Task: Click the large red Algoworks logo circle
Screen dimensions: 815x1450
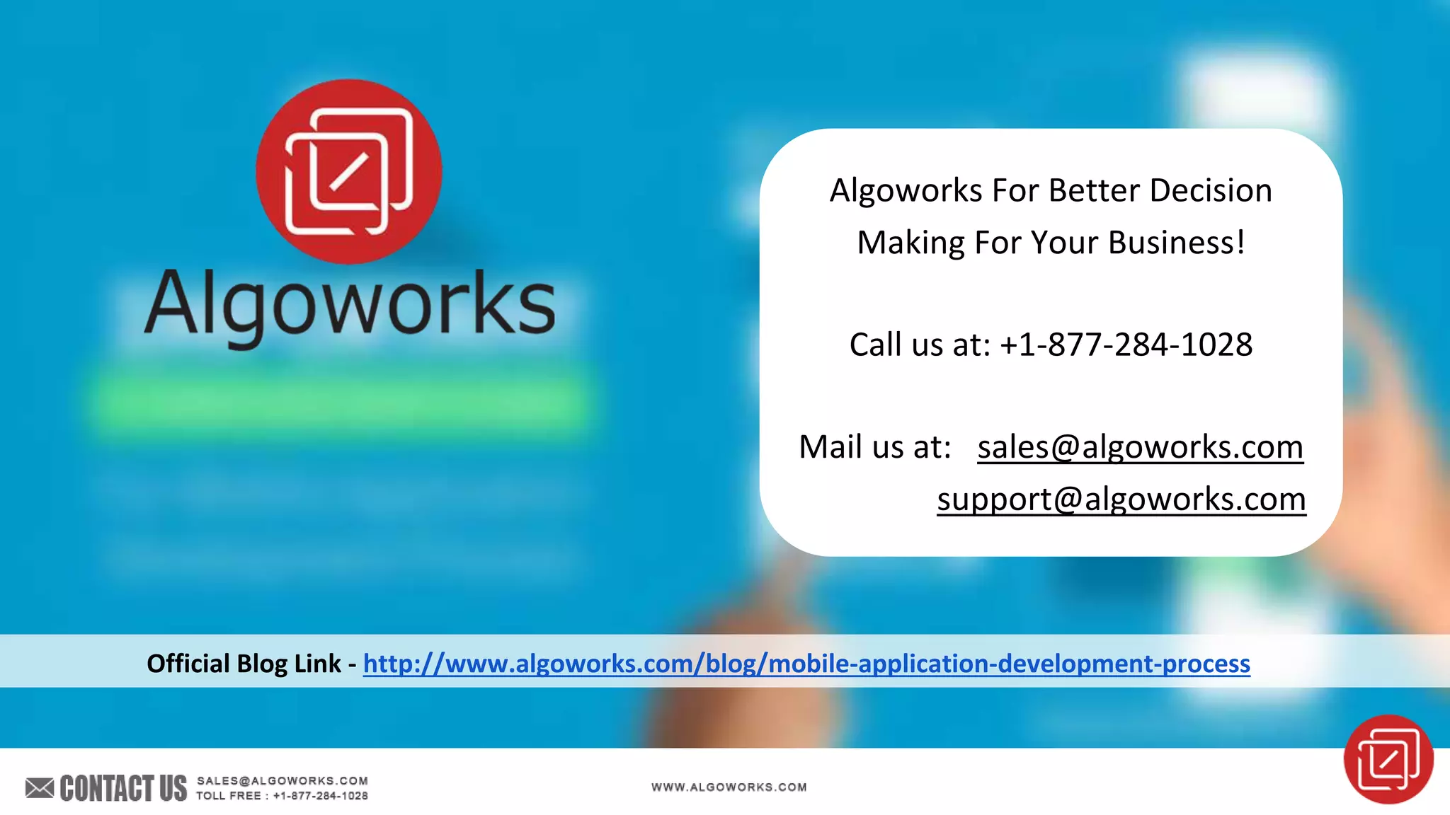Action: coord(348,171)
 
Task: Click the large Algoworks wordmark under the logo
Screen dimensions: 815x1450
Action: coord(350,304)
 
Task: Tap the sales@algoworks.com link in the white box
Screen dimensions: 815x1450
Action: coord(1140,447)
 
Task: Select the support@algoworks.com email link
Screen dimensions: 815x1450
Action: coord(1121,499)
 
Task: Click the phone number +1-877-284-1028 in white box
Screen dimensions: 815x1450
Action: coord(1126,345)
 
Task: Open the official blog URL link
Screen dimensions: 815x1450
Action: coord(806,664)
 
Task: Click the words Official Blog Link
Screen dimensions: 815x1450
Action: coord(244,664)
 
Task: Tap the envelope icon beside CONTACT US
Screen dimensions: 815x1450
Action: coord(40,787)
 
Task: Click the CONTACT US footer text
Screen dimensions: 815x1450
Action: coord(123,788)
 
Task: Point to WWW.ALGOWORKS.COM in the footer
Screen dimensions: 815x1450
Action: coord(729,787)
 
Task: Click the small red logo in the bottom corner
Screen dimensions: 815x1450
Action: coord(1388,759)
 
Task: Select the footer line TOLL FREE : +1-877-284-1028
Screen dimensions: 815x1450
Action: coord(282,796)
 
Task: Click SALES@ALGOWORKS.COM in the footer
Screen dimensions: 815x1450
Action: coord(282,780)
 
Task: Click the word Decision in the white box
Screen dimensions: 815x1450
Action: coord(1210,191)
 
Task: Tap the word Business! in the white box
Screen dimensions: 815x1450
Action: coord(1176,243)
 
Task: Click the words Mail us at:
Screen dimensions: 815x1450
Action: coord(874,447)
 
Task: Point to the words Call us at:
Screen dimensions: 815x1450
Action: coord(919,345)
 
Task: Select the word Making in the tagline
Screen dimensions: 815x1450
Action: coord(910,243)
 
